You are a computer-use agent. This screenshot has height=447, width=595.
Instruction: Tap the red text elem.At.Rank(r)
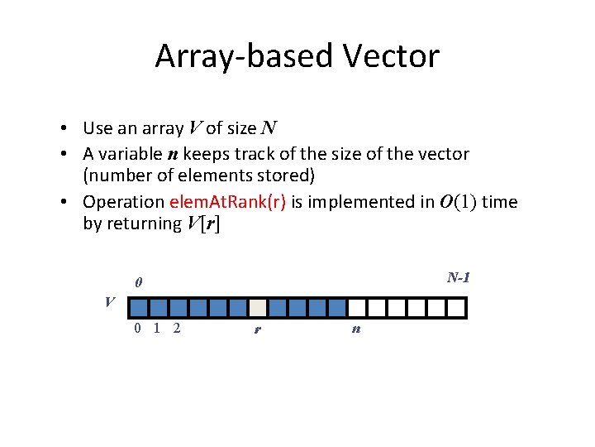(227, 201)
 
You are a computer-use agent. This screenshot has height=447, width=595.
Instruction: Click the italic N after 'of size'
(269, 128)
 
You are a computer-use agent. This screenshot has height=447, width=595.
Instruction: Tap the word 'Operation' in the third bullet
(124, 201)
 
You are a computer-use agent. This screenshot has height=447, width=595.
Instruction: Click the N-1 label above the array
(459, 278)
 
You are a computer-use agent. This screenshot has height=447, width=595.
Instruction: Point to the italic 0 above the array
(139, 283)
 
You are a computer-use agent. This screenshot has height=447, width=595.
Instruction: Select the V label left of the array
(110, 301)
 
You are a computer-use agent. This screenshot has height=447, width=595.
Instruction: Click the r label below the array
(258, 329)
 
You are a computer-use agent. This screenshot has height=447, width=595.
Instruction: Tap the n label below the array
(355, 329)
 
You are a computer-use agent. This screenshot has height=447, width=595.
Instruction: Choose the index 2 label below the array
(178, 329)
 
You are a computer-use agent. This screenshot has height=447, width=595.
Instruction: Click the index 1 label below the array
(157, 329)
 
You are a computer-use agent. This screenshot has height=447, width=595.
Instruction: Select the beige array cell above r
(257, 308)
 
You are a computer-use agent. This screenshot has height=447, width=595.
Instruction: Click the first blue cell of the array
(139, 308)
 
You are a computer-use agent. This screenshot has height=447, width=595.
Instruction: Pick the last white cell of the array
(456, 308)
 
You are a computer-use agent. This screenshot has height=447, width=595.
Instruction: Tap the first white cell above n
(356, 308)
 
